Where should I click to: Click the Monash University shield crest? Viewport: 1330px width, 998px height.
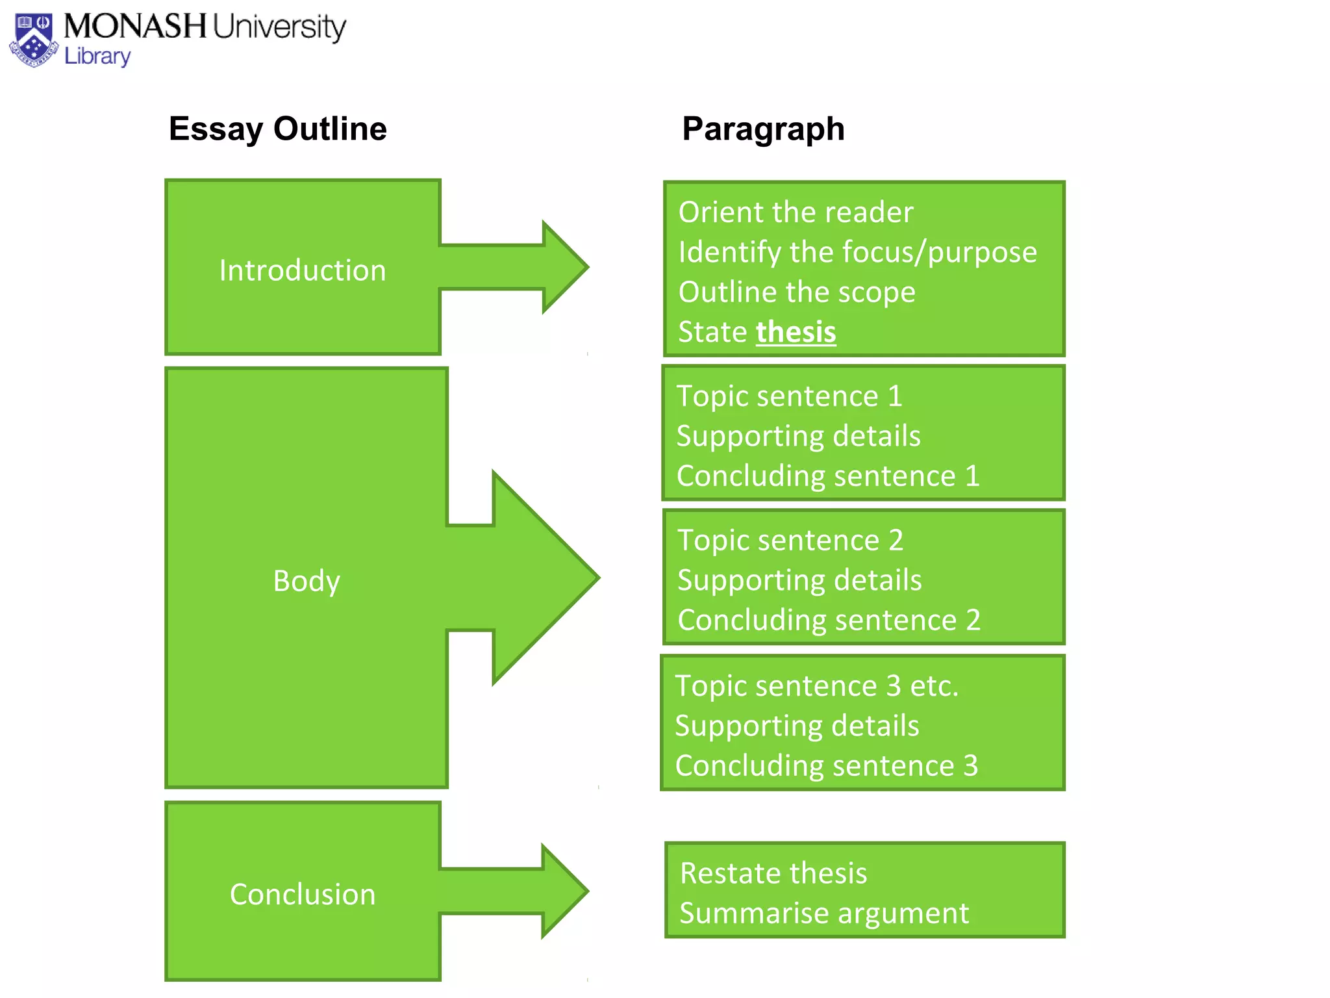[x=34, y=40]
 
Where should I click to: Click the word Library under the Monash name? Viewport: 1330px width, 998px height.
[x=97, y=57]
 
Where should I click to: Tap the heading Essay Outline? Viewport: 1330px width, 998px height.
[x=277, y=129]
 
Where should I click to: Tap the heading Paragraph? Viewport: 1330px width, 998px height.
[x=763, y=129]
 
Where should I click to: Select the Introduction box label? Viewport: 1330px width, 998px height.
[x=303, y=270]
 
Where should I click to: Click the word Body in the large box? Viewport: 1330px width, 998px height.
[x=307, y=580]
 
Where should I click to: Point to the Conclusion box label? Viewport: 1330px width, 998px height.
[x=303, y=895]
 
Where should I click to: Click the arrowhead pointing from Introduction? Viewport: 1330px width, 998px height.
[x=562, y=267]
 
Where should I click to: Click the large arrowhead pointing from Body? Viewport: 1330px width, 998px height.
[x=542, y=578]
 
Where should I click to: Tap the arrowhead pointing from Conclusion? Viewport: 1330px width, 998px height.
[x=562, y=891]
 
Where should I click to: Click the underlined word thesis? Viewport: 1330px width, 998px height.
[x=796, y=332]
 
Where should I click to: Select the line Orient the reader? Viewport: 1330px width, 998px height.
[x=796, y=212]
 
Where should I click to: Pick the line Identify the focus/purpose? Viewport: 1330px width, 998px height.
[x=857, y=252]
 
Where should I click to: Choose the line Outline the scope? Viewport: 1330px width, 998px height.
[x=797, y=292]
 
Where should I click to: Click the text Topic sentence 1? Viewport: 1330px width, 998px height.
[x=789, y=396]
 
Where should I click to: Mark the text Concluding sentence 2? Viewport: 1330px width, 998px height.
[x=829, y=620]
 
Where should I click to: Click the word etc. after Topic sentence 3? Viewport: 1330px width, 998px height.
[x=934, y=686]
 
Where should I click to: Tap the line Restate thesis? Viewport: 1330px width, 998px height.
[x=773, y=873]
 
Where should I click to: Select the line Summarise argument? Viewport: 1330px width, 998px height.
[x=823, y=914]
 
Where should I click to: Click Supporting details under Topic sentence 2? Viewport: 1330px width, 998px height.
[x=799, y=580]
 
